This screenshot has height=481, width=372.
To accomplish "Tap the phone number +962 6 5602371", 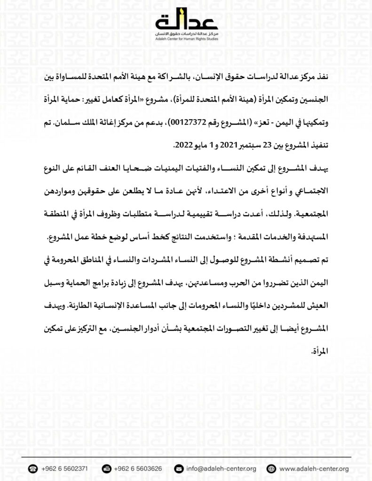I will (64, 469).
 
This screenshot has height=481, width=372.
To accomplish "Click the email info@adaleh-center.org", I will (221, 469).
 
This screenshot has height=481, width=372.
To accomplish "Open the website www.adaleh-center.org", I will (314, 469).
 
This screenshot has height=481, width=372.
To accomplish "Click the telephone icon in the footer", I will (33, 469).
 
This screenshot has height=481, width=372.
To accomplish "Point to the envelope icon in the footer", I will (179, 469).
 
